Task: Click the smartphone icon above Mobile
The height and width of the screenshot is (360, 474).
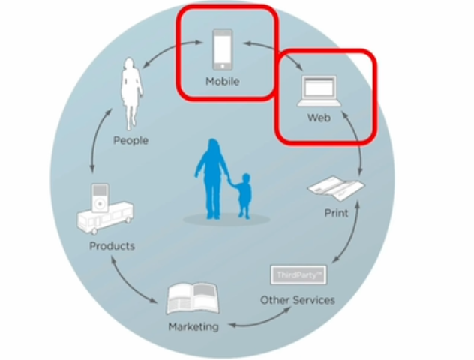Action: (x=223, y=49)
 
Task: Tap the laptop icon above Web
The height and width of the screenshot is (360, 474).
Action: (x=319, y=91)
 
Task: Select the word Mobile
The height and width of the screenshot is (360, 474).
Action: (x=223, y=81)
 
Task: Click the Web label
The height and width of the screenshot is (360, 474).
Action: (x=319, y=118)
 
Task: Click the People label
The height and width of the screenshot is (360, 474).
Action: (x=130, y=140)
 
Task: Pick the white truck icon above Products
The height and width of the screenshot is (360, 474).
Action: (x=106, y=217)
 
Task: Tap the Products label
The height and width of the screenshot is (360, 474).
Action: (x=112, y=246)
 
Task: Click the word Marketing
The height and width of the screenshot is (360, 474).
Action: (x=193, y=326)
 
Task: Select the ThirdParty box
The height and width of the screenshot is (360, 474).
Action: (x=298, y=274)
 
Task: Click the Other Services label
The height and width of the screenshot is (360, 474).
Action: (x=298, y=300)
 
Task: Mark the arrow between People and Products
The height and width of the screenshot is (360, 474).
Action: (x=95, y=153)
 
